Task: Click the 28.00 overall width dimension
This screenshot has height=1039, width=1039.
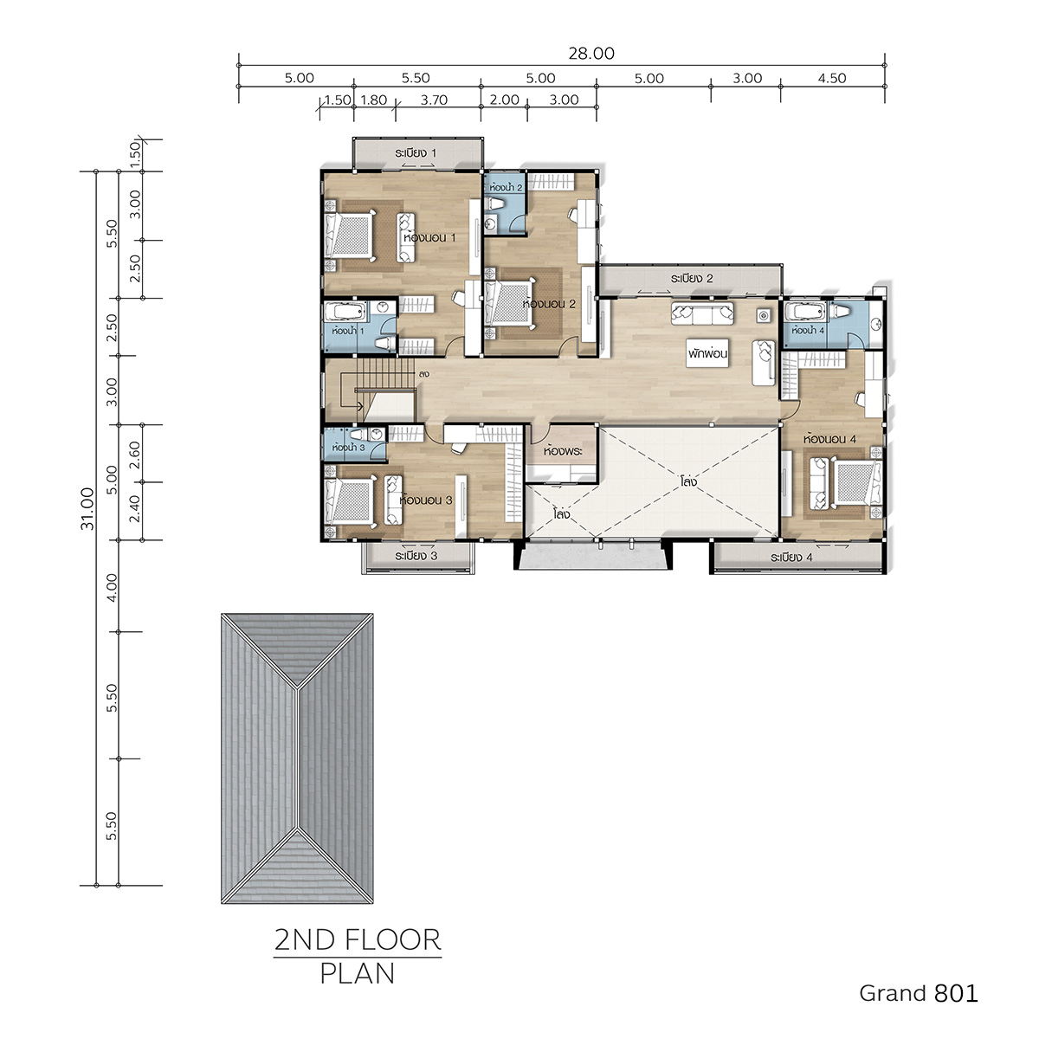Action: click(x=591, y=54)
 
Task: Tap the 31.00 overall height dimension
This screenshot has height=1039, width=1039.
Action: click(x=87, y=508)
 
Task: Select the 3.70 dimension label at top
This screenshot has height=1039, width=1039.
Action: click(x=434, y=100)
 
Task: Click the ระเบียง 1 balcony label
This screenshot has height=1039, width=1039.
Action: click(x=416, y=153)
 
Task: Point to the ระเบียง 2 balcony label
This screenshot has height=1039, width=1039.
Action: click(x=692, y=278)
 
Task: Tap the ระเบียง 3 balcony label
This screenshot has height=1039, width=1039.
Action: click(x=416, y=555)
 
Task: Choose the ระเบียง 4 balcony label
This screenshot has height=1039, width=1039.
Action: click(x=791, y=557)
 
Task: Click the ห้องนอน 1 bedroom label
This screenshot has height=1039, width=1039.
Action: click(x=429, y=237)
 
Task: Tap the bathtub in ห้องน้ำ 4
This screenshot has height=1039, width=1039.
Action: click(x=805, y=311)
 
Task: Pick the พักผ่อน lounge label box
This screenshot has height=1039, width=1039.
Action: click(x=707, y=354)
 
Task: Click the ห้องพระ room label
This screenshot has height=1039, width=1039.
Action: click(x=563, y=450)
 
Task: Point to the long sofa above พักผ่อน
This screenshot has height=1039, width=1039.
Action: click(x=702, y=313)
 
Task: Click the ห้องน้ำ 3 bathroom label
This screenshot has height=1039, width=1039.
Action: click(x=348, y=447)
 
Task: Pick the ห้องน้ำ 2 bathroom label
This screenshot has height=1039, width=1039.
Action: click(x=505, y=188)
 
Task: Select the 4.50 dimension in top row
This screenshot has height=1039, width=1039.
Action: click(x=832, y=78)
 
